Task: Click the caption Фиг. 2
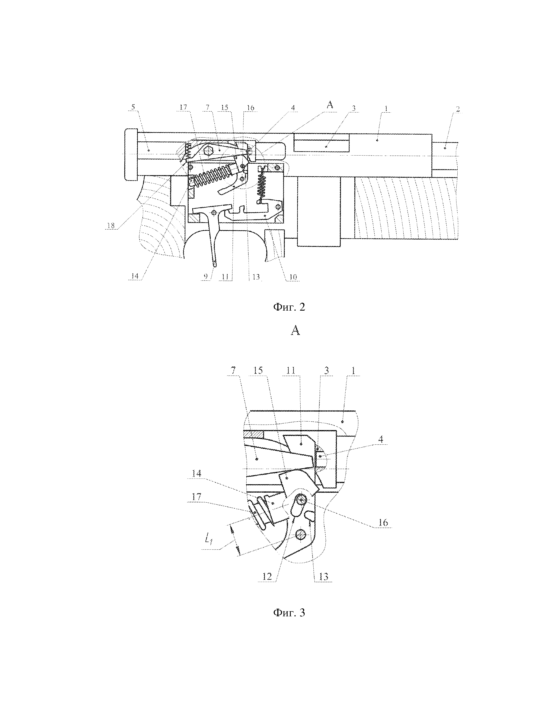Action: point(289,307)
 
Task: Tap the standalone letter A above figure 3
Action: point(295,330)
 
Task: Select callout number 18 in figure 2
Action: point(111,226)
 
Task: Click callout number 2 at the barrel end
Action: point(458,109)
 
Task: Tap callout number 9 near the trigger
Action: point(206,276)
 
